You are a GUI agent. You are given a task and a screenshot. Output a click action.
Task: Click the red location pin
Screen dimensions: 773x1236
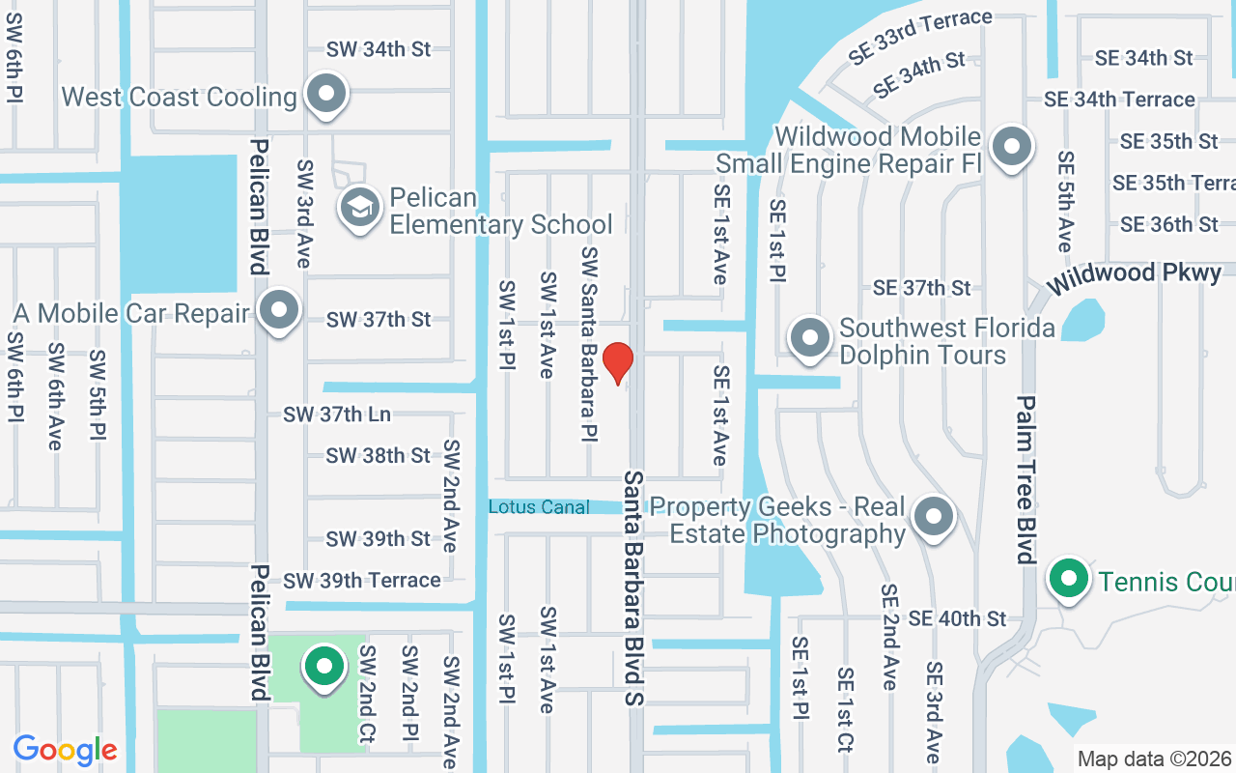[x=618, y=362]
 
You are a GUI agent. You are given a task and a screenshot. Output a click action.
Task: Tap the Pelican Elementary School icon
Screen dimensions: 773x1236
[x=360, y=206]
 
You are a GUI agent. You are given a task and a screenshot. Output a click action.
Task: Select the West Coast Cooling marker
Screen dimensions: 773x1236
[x=326, y=95]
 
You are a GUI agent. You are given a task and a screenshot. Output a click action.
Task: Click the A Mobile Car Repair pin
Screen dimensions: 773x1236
[x=281, y=311]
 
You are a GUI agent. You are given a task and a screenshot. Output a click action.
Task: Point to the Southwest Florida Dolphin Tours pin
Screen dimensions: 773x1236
[x=810, y=339]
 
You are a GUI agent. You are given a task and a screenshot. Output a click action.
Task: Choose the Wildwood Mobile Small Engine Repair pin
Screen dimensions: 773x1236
[x=1012, y=148]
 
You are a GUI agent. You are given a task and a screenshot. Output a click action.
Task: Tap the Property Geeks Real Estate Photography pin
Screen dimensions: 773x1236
[x=933, y=517]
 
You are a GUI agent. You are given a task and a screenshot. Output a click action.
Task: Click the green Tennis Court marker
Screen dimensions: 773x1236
[x=1068, y=579]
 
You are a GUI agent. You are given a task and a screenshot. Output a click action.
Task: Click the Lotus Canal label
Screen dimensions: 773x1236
[x=539, y=506]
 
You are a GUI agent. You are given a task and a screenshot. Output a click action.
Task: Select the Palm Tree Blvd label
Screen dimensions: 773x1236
[x=1025, y=479]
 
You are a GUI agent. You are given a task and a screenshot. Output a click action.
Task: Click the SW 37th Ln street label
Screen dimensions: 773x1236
[x=337, y=415]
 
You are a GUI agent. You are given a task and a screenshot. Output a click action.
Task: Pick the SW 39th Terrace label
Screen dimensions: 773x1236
[x=362, y=580]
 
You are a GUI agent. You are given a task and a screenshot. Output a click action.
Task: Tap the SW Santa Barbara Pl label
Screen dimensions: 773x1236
[x=589, y=344]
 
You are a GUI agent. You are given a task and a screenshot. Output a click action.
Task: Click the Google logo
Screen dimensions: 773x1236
[x=66, y=750]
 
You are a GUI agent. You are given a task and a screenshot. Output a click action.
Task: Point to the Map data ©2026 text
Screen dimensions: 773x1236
[x=1154, y=759]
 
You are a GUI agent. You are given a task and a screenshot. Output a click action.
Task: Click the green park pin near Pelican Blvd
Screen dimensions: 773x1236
[x=324, y=666]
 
